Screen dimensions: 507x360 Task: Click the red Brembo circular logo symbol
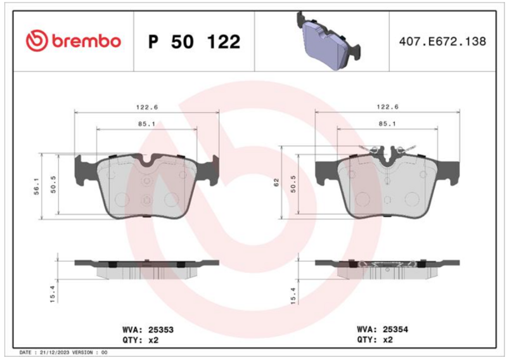(x=37, y=41)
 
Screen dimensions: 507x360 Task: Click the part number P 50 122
(x=194, y=42)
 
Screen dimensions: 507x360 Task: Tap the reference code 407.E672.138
(x=442, y=41)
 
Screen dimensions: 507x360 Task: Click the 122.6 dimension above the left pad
(x=147, y=107)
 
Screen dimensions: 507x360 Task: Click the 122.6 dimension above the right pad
(x=387, y=106)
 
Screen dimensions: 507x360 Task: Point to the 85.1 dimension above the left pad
(x=147, y=124)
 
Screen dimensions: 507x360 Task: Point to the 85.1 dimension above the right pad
(x=387, y=124)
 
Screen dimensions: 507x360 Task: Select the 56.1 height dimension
(x=37, y=186)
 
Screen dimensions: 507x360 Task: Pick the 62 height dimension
(x=276, y=183)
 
